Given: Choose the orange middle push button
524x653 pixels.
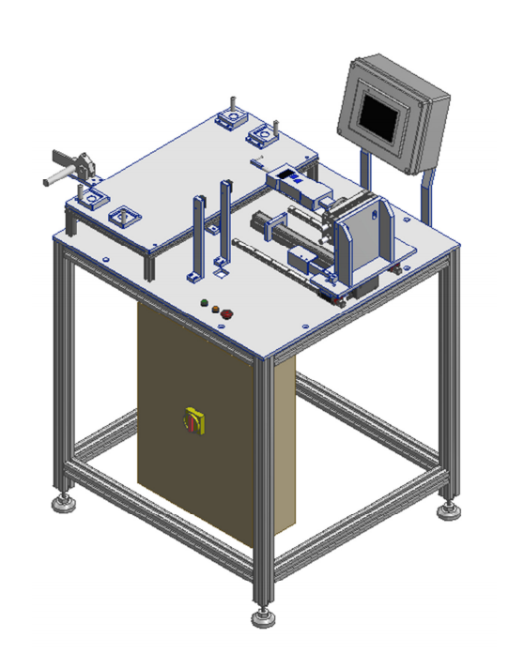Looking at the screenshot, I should [x=215, y=309].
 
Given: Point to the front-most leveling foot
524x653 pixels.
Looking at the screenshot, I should [x=263, y=617].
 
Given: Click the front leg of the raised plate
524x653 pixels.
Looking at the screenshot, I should [x=150, y=264].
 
